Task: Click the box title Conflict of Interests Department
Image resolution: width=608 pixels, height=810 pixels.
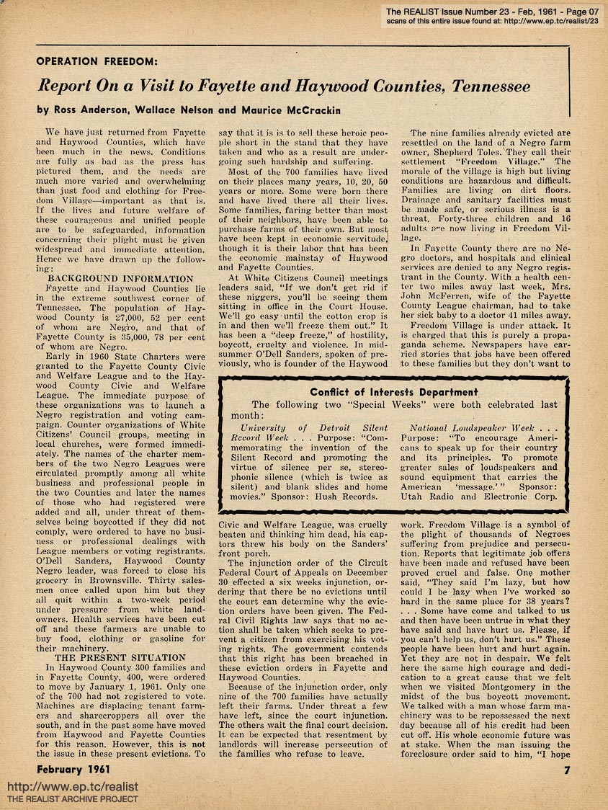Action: pos(394,392)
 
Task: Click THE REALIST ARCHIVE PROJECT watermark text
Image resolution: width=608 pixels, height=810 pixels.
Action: pos(72,799)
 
